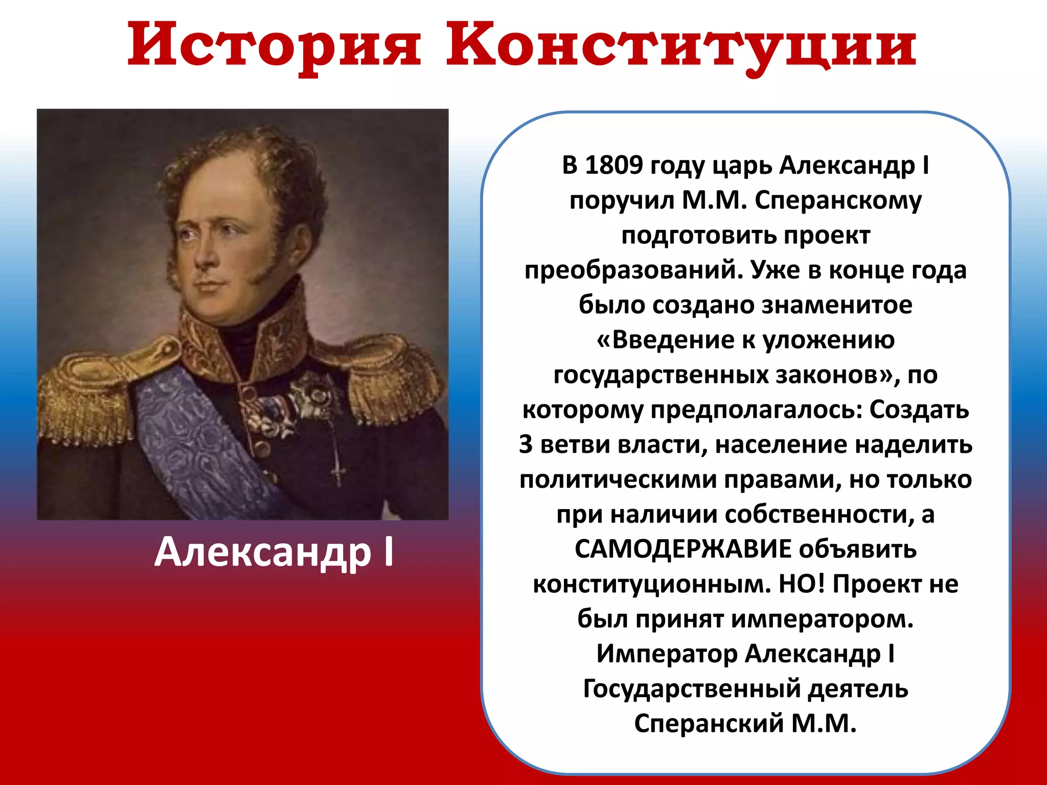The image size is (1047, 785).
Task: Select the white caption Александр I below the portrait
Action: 274,552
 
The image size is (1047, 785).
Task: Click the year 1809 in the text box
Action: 613,166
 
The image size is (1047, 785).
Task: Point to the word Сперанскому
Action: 838,201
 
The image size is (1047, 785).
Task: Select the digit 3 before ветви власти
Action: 526,445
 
